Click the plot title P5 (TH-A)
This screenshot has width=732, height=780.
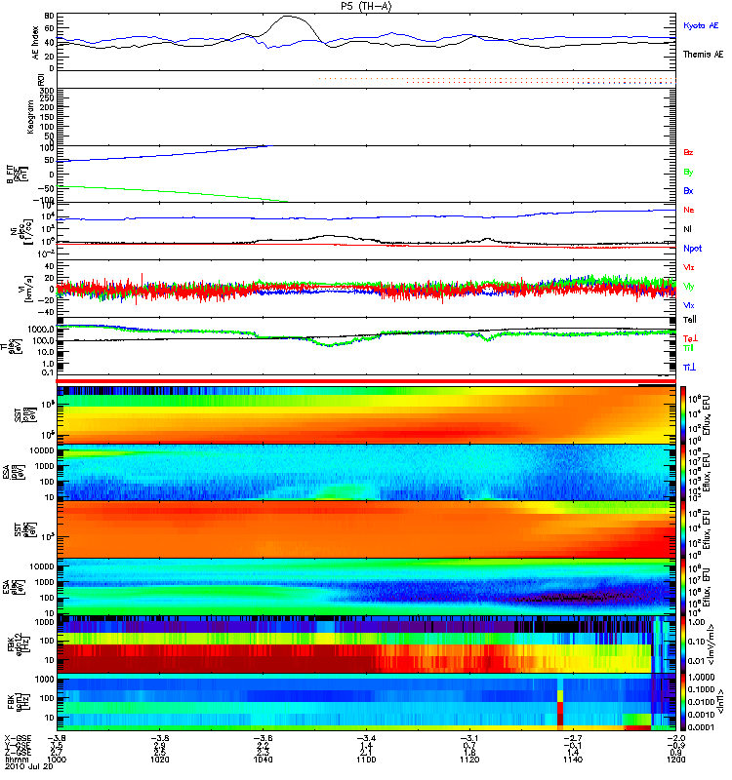tap(366, 6)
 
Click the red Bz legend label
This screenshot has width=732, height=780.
tap(689, 153)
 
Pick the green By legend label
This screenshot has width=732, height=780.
tap(689, 172)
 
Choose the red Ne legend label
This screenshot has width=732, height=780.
tap(689, 210)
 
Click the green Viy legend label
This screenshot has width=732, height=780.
tap(689, 286)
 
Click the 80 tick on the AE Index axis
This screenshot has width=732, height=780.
tap(49, 17)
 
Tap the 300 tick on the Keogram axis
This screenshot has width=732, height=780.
tap(46, 91)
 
